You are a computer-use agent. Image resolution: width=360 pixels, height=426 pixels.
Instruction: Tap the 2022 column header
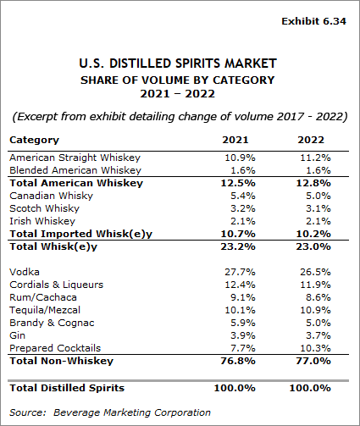pyautogui.click(x=314, y=140)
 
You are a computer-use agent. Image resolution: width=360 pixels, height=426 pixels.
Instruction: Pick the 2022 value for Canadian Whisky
pyautogui.click(x=314, y=195)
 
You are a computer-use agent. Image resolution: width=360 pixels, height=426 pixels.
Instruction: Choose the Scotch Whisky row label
pyautogui.click(x=44, y=207)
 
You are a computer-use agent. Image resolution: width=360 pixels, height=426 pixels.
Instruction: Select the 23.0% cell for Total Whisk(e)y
pyautogui.click(x=314, y=246)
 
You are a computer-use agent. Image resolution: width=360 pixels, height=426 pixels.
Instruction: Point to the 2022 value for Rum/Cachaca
pyautogui.click(x=314, y=296)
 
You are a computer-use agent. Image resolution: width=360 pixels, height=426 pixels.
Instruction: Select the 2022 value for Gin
pyautogui.click(x=314, y=335)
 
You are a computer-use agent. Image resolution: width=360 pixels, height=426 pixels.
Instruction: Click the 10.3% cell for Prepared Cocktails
pyautogui.click(x=314, y=348)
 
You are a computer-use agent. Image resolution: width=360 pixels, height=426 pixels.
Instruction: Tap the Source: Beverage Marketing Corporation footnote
pyautogui.click(x=110, y=412)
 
